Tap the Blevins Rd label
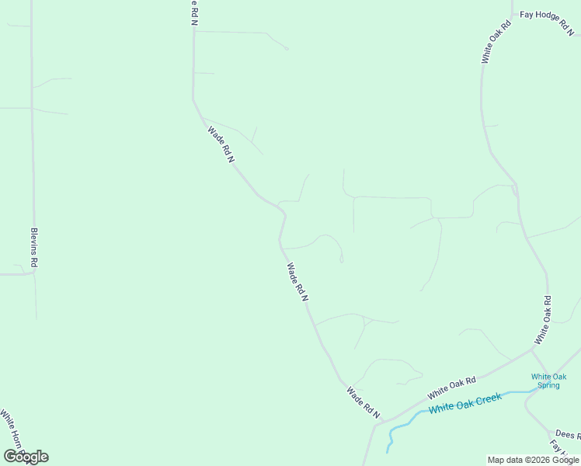pyautogui.click(x=33, y=248)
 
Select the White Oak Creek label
pyautogui.click(x=466, y=403)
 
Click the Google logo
pyautogui.click(x=26, y=457)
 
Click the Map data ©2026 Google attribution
pyautogui.click(x=534, y=460)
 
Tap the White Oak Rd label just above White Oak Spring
pyautogui.click(x=542, y=320)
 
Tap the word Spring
pyautogui.click(x=548, y=385)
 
